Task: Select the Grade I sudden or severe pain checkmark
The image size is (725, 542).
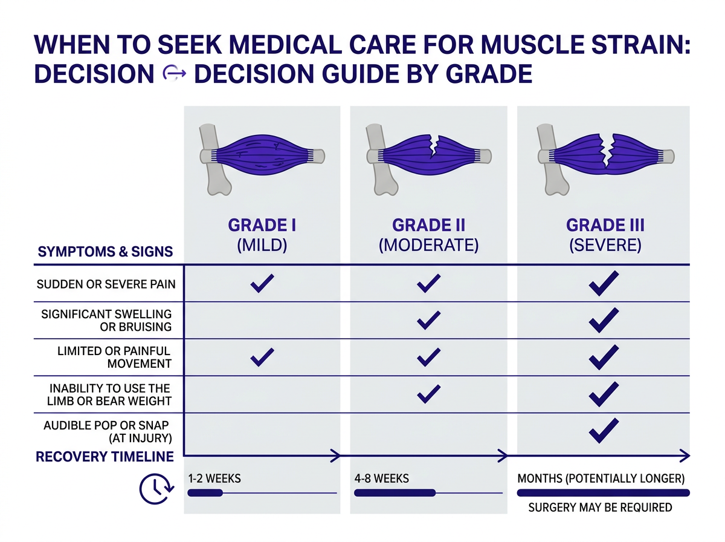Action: click(262, 283)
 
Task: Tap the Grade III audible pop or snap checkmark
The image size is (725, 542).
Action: click(603, 431)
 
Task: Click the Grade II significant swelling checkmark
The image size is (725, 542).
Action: click(428, 320)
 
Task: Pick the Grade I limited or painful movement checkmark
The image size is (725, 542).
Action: click(262, 357)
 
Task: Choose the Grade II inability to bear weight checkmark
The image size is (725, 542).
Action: click(428, 394)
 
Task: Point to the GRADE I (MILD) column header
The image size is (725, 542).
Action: click(262, 235)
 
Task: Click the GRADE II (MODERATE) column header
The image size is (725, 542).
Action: click(428, 235)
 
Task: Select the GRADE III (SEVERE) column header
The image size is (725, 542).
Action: click(605, 235)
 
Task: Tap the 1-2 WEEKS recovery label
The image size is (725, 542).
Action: click(214, 478)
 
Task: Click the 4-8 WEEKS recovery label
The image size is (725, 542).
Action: click(382, 478)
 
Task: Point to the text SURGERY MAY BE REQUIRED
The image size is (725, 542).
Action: click(600, 508)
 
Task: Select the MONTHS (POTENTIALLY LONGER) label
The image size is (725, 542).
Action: click(601, 478)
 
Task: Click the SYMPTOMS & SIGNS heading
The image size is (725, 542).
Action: click(105, 252)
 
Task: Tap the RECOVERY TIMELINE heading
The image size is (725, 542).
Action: click(105, 456)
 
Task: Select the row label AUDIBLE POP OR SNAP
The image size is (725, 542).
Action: click(108, 431)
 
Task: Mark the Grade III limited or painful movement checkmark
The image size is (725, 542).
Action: click(603, 357)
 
